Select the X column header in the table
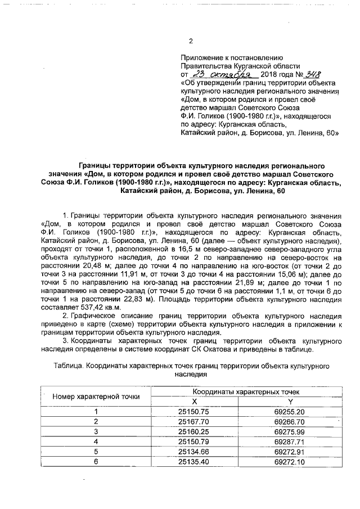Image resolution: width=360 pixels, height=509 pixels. click(x=194, y=401)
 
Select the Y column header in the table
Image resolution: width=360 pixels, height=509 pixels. click(x=290, y=401)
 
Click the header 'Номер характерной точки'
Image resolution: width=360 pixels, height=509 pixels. click(x=96, y=396)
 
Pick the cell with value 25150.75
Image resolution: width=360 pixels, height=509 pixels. click(x=193, y=411)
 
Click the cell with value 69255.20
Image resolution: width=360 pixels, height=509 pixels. click(x=290, y=411)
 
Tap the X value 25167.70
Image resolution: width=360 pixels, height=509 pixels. click(x=193, y=421)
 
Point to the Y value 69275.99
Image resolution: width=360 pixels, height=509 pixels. click(x=290, y=431)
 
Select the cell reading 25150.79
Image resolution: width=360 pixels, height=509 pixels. click(x=193, y=442)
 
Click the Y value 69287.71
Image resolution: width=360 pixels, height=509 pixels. click(x=290, y=442)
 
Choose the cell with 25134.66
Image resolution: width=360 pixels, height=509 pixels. click(x=193, y=451)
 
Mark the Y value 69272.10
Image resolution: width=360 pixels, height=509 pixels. click(x=290, y=461)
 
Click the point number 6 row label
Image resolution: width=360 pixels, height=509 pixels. click(x=96, y=461)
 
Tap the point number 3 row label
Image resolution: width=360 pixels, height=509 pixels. click(x=96, y=431)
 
